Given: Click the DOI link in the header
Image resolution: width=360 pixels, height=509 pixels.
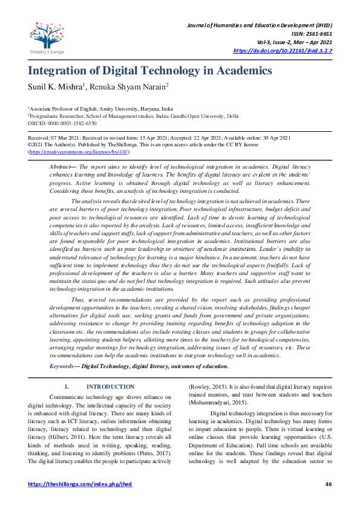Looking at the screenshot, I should (x=291, y=51).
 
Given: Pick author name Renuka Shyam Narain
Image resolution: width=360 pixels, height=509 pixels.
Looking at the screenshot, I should (x=128, y=88).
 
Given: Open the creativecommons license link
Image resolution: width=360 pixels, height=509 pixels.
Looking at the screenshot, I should (x=78, y=153).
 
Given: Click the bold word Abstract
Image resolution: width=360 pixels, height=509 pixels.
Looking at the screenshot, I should (x=61, y=166).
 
